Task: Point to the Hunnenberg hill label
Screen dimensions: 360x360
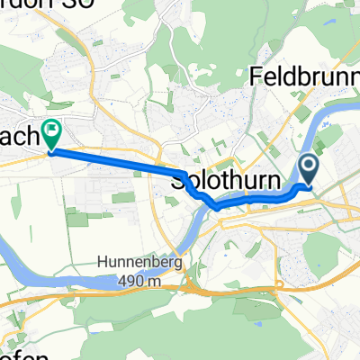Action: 133,264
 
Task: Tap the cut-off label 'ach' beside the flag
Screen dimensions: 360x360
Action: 18,137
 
